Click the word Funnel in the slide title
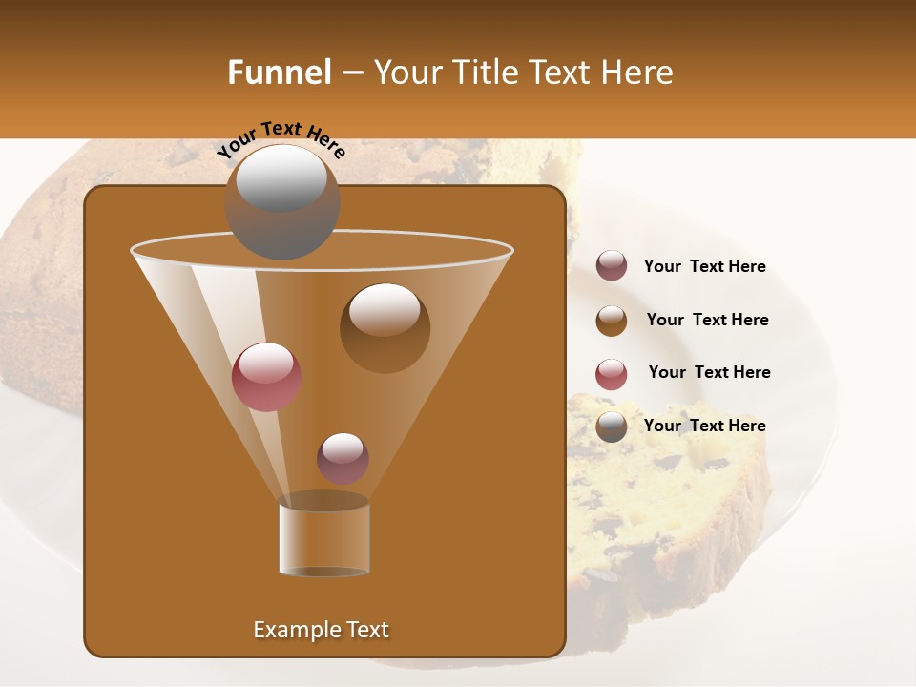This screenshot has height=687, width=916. tap(279, 73)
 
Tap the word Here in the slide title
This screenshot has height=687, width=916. tap(629, 73)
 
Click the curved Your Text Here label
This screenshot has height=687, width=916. tap(281, 140)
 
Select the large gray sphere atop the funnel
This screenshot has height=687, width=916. tap(281, 201)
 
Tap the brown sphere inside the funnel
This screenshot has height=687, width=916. tap(385, 327)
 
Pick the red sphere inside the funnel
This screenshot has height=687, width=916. tap(266, 376)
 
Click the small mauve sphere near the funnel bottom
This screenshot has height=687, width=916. tap(343, 458)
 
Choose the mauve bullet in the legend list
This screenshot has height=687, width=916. tap(612, 265)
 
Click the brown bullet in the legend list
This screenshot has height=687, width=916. tap(612, 320)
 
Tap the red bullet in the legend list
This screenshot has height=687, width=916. tap(612, 373)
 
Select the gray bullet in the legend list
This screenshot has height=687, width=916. tap(612, 427)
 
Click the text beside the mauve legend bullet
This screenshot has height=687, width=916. tap(704, 266)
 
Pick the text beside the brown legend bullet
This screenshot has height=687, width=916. tap(707, 320)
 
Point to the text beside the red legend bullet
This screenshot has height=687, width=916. tap(709, 372)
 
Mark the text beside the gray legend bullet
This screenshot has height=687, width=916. tap(704, 426)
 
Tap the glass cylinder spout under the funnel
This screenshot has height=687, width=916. tap(324, 536)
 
